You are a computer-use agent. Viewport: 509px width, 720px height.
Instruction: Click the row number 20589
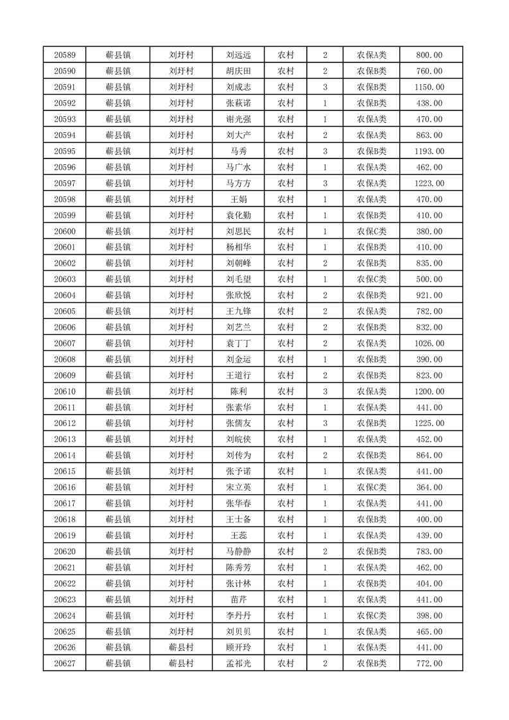65,55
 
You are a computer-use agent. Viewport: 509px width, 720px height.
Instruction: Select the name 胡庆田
238,71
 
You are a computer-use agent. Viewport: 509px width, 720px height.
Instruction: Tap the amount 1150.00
429,87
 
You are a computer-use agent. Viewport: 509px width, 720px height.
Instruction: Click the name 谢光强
238,119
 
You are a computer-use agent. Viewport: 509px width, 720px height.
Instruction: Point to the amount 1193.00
429,151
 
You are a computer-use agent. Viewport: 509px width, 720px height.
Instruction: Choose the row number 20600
65,232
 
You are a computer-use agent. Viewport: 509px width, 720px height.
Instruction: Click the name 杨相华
238,248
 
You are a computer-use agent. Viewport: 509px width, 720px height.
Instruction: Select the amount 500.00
429,280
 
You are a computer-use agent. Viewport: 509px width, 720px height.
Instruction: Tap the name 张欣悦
238,296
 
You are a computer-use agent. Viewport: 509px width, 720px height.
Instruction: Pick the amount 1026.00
429,344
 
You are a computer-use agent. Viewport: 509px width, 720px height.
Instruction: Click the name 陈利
238,392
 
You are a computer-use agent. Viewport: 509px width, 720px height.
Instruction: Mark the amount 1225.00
429,424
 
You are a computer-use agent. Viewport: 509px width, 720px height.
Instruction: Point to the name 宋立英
238,488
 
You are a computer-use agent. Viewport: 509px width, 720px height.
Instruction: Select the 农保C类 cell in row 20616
371,488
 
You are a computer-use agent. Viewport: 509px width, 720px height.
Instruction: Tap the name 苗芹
238,600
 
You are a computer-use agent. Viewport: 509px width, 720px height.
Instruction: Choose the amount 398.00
429,616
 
